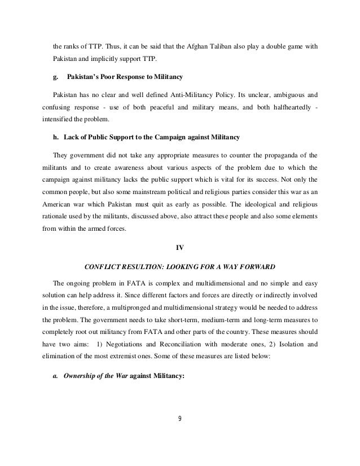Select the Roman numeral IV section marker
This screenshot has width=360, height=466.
tap(180, 245)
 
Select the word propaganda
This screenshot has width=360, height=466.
tap(268, 154)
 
